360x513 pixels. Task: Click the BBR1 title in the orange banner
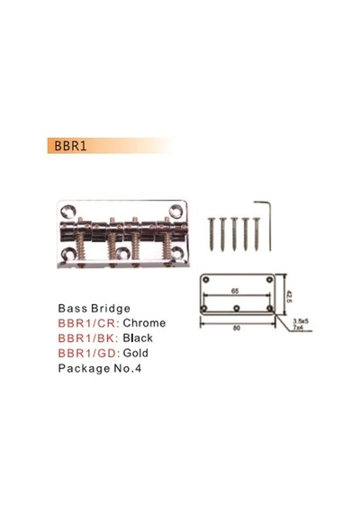(70, 146)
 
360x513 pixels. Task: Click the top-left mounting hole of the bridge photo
(68, 211)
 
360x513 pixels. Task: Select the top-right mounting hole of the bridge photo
(175, 211)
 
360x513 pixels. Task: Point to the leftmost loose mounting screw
(211, 234)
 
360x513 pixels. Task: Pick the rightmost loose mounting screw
(256, 234)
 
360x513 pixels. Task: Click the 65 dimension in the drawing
(235, 291)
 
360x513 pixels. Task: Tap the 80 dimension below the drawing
(237, 328)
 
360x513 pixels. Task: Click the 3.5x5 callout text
(301, 321)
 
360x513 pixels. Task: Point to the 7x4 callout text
(298, 327)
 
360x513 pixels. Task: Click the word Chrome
(144, 323)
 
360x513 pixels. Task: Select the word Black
(138, 337)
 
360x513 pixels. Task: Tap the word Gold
(136, 353)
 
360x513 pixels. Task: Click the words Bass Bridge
(94, 308)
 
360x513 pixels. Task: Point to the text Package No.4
(100, 368)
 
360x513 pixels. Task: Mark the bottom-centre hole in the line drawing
(237, 308)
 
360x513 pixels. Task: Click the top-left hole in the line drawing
(206, 279)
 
